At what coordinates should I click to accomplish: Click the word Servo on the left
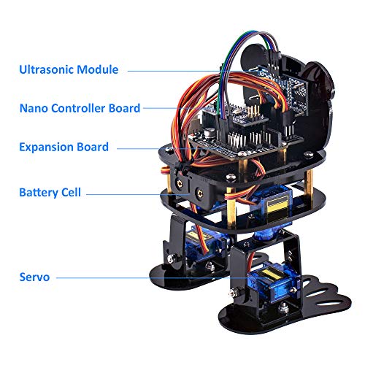coord(36,277)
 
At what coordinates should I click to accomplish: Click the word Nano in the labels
coord(33,108)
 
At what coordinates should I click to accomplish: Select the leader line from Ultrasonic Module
coord(175,70)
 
